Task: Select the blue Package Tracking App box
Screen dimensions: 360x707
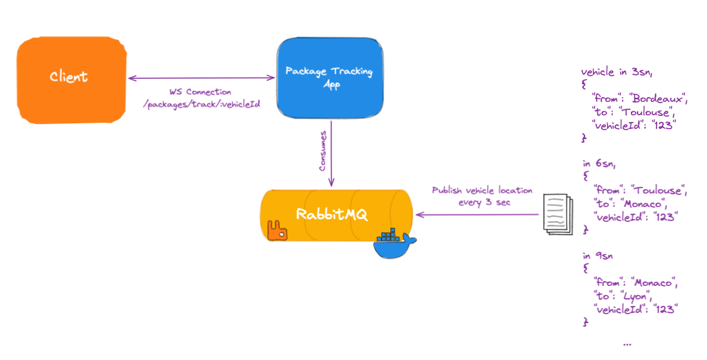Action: pyautogui.click(x=329, y=78)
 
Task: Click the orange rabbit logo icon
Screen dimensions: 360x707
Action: pyautogui.click(x=277, y=231)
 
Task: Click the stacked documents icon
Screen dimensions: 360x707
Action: pyautogui.click(x=557, y=214)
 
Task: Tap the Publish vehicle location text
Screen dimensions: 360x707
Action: pyautogui.click(x=482, y=190)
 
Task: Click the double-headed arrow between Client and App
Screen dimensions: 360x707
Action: pyautogui.click(x=202, y=78)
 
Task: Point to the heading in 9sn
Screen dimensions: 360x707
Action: pyautogui.click(x=597, y=256)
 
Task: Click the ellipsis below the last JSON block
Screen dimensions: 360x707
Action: pyautogui.click(x=627, y=343)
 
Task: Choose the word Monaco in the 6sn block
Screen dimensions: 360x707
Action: pyautogui.click(x=644, y=203)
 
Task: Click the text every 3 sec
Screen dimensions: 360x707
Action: pyautogui.click(x=482, y=202)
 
